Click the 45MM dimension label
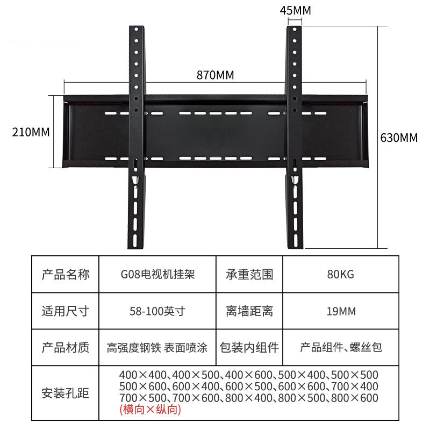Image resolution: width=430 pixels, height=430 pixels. click(x=296, y=11)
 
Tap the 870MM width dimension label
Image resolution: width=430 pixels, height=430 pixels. click(x=215, y=75)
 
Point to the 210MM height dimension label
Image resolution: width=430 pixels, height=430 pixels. click(x=31, y=132)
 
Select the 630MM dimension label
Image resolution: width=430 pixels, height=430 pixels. click(x=399, y=137)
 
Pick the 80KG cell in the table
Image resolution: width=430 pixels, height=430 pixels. click(x=341, y=275)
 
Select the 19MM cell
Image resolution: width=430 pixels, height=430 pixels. click(x=341, y=311)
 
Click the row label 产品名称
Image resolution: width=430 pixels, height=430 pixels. click(x=66, y=275)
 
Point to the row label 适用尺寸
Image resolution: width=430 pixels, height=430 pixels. click(x=66, y=311)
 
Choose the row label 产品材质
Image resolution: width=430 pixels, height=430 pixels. click(x=66, y=347)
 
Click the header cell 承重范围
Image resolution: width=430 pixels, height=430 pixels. click(x=249, y=275)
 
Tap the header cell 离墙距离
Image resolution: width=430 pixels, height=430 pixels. click(x=249, y=311)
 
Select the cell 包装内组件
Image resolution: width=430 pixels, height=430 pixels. click(x=249, y=347)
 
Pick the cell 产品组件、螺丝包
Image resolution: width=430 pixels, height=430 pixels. click(x=341, y=347)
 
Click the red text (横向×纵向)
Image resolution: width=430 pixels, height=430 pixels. click(x=150, y=410)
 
